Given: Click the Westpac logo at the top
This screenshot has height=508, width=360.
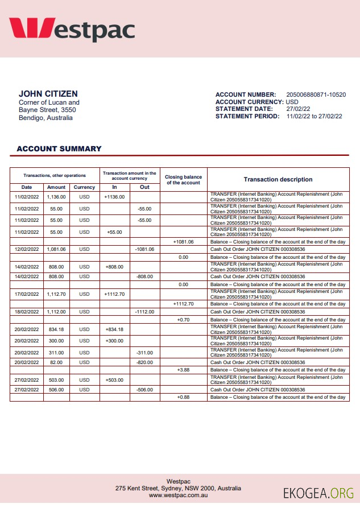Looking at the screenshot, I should pyautogui.click(x=72, y=29).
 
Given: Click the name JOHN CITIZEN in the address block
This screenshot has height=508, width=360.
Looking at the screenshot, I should pyautogui.click(x=48, y=94).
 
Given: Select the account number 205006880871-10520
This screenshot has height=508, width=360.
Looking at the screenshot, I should pyautogui.click(x=316, y=94).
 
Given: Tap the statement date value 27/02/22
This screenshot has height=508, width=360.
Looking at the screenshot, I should pyautogui.click(x=298, y=109).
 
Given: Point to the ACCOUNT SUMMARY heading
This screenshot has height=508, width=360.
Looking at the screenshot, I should pyautogui.click(x=59, y=149).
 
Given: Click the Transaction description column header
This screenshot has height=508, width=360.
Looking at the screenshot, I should pyautogui.click(x=278, y=179).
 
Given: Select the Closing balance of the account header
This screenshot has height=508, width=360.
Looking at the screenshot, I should pyautogui.click(x=183, y=179).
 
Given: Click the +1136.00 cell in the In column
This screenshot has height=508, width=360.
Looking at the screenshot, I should pyautogui.click(x=114, y=197).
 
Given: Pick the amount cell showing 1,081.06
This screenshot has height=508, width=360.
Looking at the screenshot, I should pyautogui.click(x=56, y=249).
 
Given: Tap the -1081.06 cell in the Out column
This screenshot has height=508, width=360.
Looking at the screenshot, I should pyautogui.click(x=144, y=249).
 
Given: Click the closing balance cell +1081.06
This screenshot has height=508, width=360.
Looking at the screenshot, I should pyautogui.click(x=183, y=242).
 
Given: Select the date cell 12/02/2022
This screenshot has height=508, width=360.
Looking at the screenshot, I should pyautogui.click(x=27, y=249).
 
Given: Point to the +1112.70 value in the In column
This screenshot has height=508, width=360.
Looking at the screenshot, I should pyautogui.click(x=114, y=294).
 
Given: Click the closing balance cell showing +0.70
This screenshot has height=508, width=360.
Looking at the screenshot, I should pyautogui.click(x=183, y=320).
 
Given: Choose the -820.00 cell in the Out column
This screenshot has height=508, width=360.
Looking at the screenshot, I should pyautogui.click(x=144, y=362).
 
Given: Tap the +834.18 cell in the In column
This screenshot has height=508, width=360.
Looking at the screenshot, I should pyautogui.click(x=114, y=329).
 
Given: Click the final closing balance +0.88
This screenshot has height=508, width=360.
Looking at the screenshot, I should pyautogui.click(x=183, y=397).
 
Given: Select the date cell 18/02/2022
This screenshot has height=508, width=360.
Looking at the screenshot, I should pyautogui.click(x=27, y=312).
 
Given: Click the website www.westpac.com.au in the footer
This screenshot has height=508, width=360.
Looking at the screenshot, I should pyautogui.click(x=178, y=496).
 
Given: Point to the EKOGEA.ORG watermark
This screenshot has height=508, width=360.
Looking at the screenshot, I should pyautogui.click(x=318, y=493).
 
